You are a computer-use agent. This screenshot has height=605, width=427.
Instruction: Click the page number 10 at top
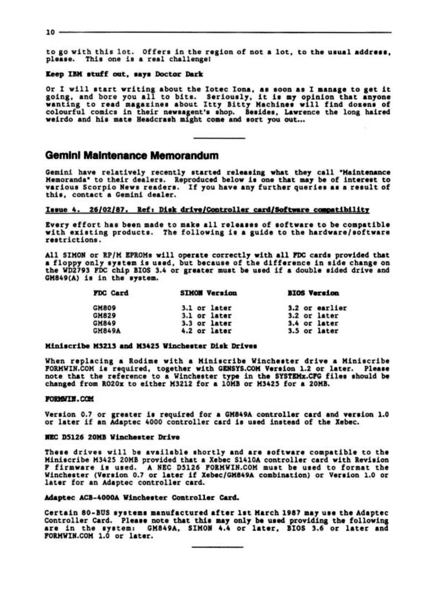click(x=49, y=33)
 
